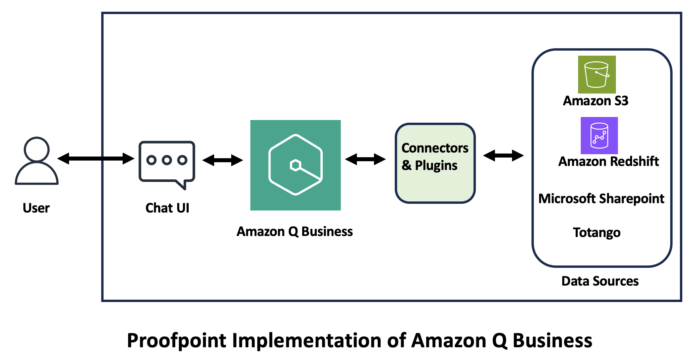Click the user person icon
click(37, 161)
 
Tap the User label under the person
click(36, 208)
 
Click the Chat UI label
click(167, 208)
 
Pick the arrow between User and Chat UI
click(96, 158)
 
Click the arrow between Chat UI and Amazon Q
click(223, 160)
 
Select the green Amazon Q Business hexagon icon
click(295, 165)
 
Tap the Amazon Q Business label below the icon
click(295, 232)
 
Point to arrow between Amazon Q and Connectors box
click(365, 159)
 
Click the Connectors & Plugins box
click(435, 163)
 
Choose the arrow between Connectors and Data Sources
click(503, 155)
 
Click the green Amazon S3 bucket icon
click(596, 74)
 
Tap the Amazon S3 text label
click(595, 101)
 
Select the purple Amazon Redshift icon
click(599, 135)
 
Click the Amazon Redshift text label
click(608, 162)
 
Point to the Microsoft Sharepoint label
click(601, 199)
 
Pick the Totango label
click(596, 233)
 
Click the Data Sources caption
click(600, 281)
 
